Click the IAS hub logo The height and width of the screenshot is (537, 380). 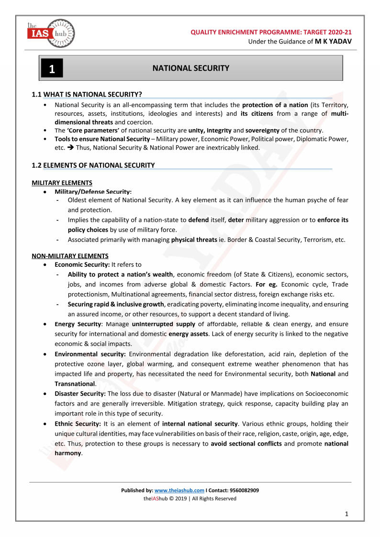pyautogui.click(x=51, y=33)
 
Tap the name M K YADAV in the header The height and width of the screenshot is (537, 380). pyautogui.click(x=333, y=42)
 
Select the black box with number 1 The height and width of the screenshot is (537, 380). pyautogui.click(x=52, y=69)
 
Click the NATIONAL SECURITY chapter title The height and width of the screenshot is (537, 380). pyautogui.click(x=190, y=68)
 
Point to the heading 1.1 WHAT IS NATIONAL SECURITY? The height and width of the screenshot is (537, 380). pyautogui.click(x=87, y=94)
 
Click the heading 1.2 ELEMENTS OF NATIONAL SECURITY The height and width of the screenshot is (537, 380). pyautogui.click(x=93, y=165)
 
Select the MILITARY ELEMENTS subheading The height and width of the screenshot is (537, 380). pyautogui.click(x=62, y=183)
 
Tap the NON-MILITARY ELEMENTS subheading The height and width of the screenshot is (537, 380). pyautogui.click(x=70, y=256)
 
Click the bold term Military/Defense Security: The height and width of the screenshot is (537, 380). pyautogui.click(x=93, y=191)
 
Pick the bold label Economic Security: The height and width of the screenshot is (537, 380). pyautogui.click(x=82, y=264)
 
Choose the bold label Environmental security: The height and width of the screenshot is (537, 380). pyautogui.click(x=90, y=354)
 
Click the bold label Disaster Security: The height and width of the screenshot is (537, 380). pyautogui.click(x=80, y=394)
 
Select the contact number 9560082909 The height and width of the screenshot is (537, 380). pyautogui.click(x=244, y=490)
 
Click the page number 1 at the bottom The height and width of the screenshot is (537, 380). pyautogui.click(x=346, y=514)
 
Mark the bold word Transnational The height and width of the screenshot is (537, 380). pyautogui.click(x=75, y=384)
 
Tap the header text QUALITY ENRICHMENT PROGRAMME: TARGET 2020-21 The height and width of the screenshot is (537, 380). pyautogui.click(x=271, y=32)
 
